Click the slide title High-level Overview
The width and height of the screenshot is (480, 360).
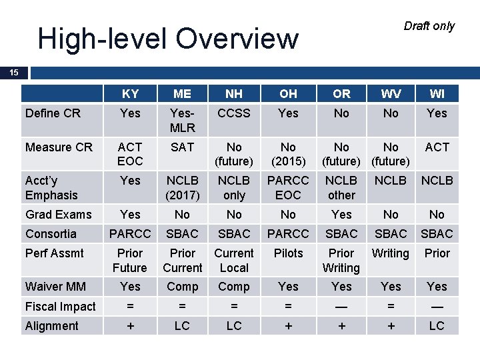click(x=167, y=39)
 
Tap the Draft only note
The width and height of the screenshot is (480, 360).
click(x=429, y=26)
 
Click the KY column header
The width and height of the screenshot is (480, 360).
click(x=130, y=94)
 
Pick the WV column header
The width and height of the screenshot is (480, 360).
click(x=391, y=94)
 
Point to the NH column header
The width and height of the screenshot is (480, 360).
click(x=234, y=94)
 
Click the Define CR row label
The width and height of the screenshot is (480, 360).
click(x=53, y=113)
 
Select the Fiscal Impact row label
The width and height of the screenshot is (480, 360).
click(x=60, y=307)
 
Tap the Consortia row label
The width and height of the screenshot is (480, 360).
click(x=51, y=234)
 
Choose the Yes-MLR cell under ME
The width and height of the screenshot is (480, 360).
click(x=182, y=121)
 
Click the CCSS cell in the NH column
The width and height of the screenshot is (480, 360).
click(x=234, y=113)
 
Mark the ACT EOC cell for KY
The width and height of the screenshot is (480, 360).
click(x=130, y=154)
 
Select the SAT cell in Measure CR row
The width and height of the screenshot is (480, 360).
click(x=182, y=147)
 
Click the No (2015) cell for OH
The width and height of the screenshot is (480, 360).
click(x=288, y=154)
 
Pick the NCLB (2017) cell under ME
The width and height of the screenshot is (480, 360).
click(x=182, y=188)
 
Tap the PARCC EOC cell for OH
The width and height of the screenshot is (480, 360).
click(x=288, y=188)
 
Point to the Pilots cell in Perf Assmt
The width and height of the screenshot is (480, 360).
click(x=288, y=253)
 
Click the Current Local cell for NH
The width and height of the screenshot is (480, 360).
click(x=234, y=261)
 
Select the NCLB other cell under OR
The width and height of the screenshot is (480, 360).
click(x=341, y=188)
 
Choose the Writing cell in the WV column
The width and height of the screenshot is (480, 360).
click(x=391, y=253)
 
